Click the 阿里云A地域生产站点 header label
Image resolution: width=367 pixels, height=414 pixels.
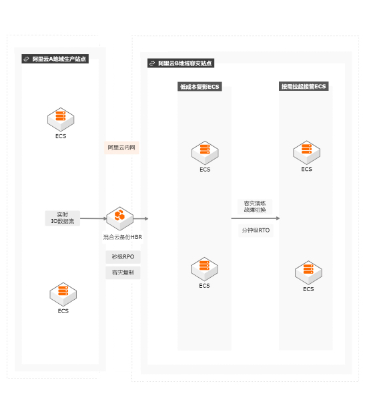(x=55, y=59)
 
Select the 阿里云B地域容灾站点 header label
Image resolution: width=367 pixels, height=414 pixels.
(x=181, y=63)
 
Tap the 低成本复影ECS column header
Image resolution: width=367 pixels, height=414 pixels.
(x=200, y=87)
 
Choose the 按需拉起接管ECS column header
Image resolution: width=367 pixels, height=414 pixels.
(x=304, y=86)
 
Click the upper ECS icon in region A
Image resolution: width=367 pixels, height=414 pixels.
(x=61, y=120)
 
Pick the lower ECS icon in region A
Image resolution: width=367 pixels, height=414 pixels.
(x=63, y=294)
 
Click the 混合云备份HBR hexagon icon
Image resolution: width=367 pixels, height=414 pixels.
(x=120, y=218)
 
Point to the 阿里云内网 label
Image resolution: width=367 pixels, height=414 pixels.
(x=121, y=148)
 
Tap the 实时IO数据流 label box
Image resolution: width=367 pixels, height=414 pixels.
(x=63, y=218)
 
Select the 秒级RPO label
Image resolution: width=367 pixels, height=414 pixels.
(x=123, y=257)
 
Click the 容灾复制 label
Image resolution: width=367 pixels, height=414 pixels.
(x=123, y=272)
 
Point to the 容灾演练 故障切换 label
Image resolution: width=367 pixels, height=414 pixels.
(x=255, y=206)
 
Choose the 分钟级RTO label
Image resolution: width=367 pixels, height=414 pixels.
(x=256, y=230)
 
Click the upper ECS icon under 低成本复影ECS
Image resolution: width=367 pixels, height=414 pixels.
(x=205, y=153)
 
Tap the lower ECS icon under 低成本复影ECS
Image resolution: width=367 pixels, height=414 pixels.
(x=204, y=269)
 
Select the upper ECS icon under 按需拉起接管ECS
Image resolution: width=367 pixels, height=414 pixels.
(x=306, y=153)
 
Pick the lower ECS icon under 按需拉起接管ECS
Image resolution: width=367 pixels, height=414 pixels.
(x=308, y=272)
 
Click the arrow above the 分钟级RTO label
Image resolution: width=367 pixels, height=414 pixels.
(x=256, y=218)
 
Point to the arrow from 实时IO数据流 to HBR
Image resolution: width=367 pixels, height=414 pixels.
(x=93, y=218)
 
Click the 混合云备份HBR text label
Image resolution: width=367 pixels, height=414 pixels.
(x=123, y=237)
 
